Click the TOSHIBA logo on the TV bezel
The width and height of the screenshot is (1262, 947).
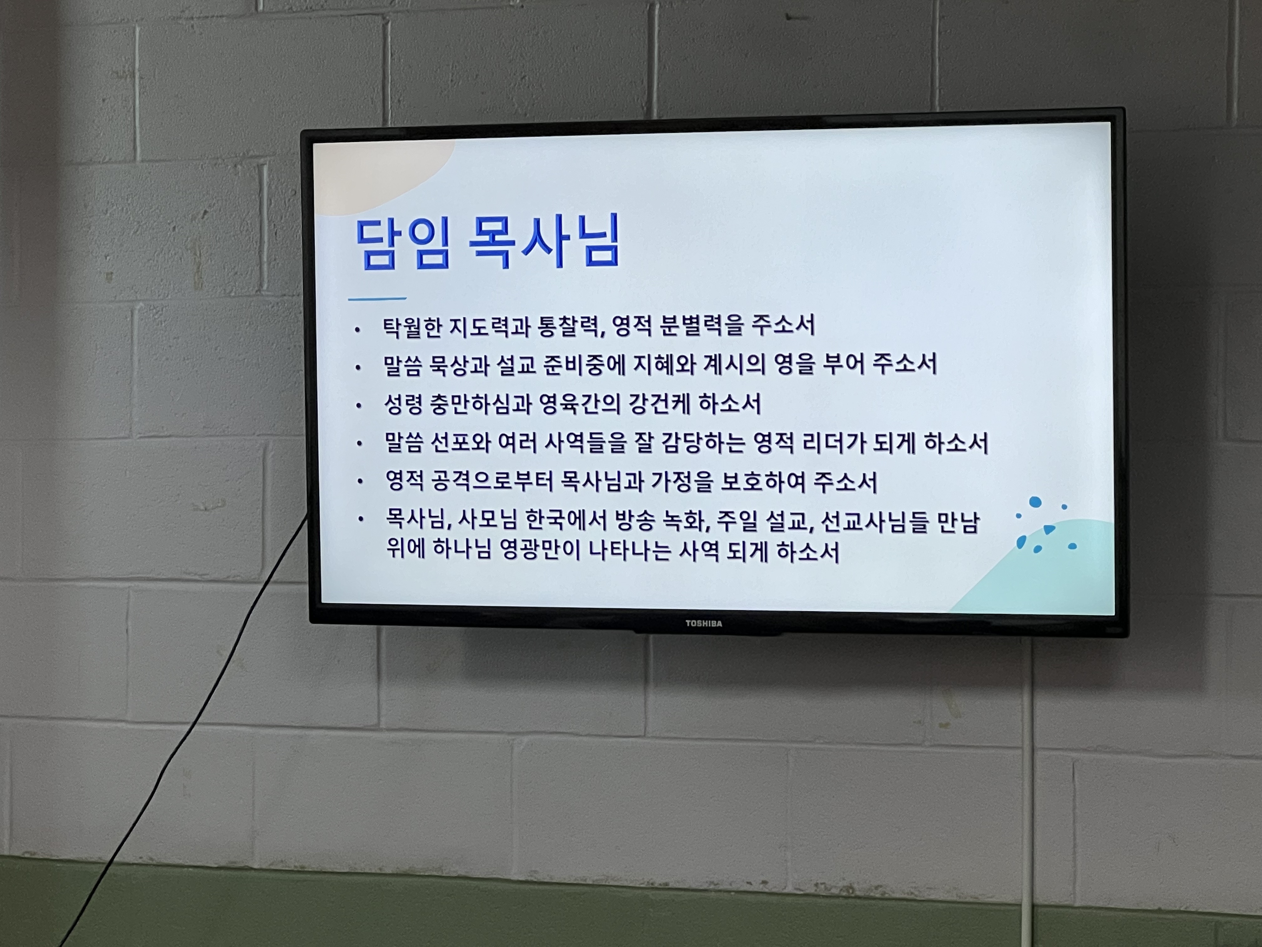tap(703, 623)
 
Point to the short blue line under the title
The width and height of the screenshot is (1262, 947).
tap(377, 298)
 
